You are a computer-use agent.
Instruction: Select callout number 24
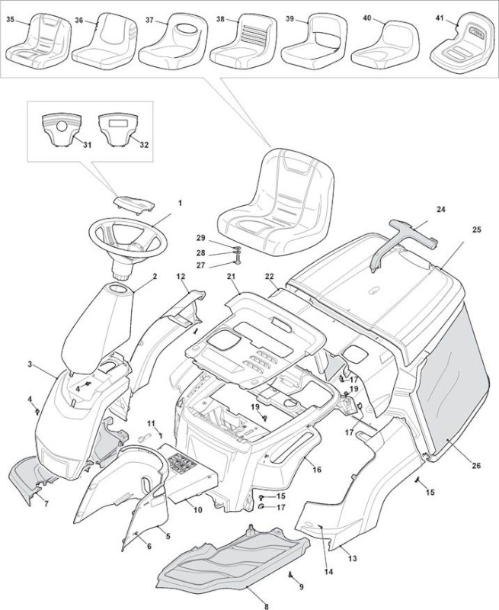click(440, 210)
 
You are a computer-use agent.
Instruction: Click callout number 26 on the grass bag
click(476, 466)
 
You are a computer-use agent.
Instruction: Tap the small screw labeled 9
click(290, 576)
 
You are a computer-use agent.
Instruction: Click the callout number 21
click(232, 276)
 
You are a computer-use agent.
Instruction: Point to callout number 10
click(198, 509)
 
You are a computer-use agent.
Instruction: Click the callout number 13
click(352, 559)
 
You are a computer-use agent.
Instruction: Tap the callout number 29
click(200, 238)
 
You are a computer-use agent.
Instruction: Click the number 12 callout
click(181, 276)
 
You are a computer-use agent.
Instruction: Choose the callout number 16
click(317, 470)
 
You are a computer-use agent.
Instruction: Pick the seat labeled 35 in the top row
click(38, 43)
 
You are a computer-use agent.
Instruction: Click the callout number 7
click(46, 505)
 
